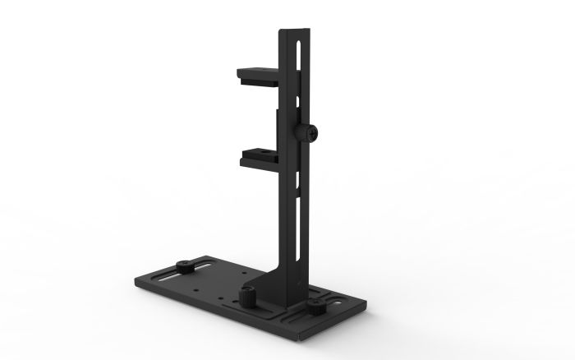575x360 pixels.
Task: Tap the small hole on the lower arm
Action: point(270,153)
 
